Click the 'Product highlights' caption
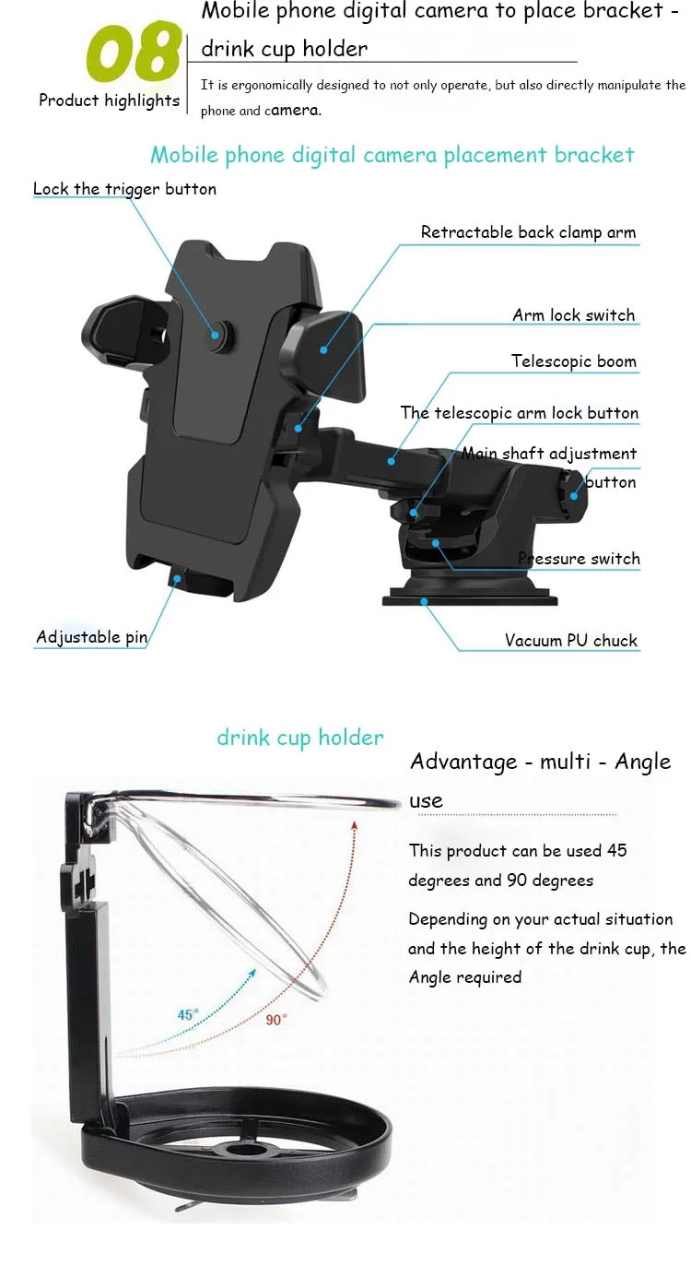click(109, 100)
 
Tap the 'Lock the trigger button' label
click(124, 189)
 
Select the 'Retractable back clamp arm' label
click(528, 232)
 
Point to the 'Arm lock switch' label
click(574, 315)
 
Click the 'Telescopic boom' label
click(574, 361)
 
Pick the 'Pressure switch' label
click(579, 559)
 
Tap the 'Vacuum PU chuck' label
click(570, 641)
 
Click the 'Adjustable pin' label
click(91, 637)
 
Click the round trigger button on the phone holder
click(217, 336)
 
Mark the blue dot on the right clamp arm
click(323, 350)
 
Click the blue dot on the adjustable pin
click(177, 579)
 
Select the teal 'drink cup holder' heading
click(299, 739)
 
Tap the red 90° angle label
click(276, 1020)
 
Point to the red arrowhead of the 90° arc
click(354, 825)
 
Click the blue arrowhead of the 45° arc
click(252, 973)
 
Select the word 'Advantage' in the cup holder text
click(463, 762)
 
